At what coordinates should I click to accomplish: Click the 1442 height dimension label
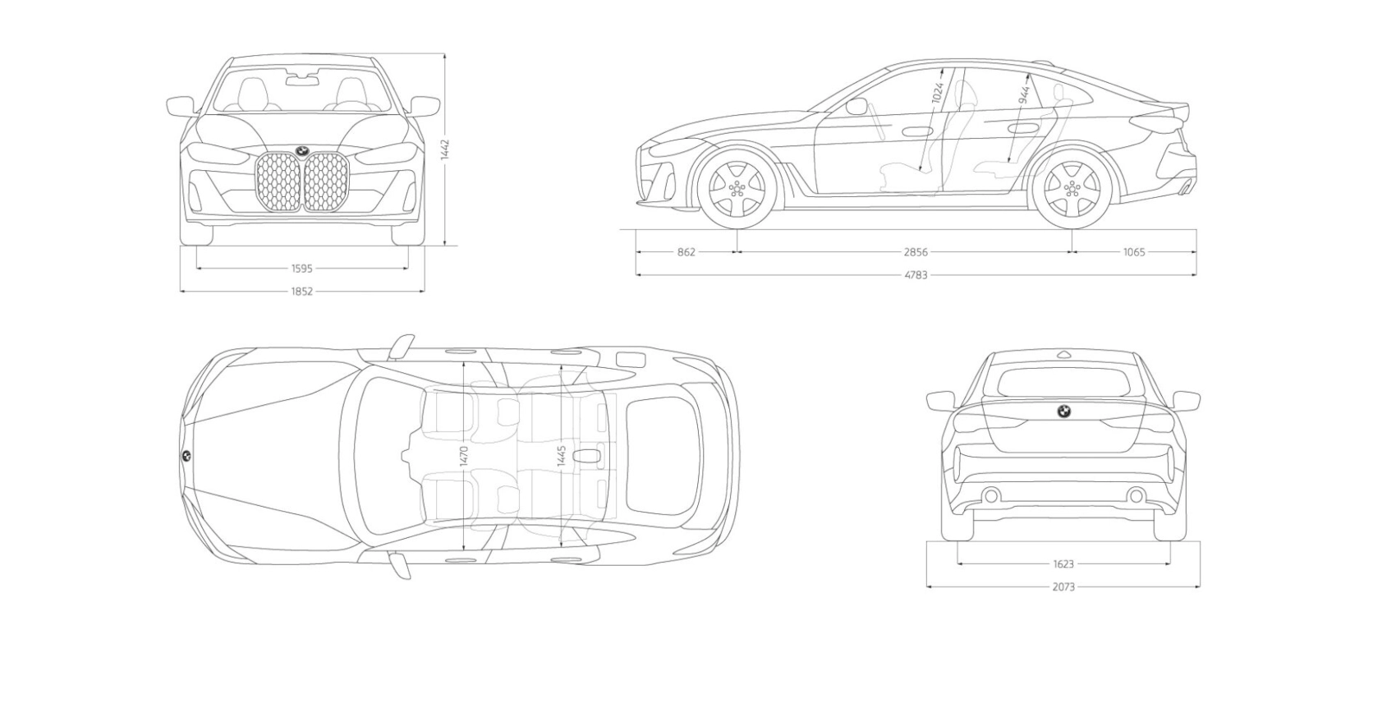(445, 149)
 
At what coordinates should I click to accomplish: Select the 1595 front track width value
(301, 268)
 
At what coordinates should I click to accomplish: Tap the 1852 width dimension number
(301, 291)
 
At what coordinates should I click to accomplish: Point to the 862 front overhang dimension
(687, 252)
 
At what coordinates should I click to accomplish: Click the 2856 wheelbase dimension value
(916, 252)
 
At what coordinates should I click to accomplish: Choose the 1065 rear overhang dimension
(1134, 252)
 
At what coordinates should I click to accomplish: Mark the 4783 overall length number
(916, 275)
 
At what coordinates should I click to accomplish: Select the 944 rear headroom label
(1023, 95)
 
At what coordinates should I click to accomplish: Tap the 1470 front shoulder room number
(464, 456)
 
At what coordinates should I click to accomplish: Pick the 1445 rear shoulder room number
(562, 456)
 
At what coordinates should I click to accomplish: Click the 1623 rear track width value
(1063, 564)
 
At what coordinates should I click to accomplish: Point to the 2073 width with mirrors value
(1063, 587)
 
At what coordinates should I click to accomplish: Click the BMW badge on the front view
(301, 150)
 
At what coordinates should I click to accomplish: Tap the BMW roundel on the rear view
(1063, 412)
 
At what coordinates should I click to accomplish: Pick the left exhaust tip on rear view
(991, 495)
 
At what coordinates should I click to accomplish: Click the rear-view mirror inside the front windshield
(301, 79)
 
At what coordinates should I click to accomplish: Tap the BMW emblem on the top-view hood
(186, 456)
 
